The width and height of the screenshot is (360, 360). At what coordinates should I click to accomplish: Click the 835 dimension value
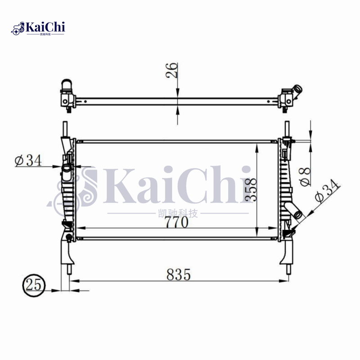point(179,274)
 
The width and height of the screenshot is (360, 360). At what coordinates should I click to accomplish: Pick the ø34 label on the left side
point(27,160)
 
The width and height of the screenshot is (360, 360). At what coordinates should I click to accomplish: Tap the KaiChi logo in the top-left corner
point(38,28)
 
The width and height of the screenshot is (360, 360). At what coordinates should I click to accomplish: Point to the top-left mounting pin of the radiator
point(66,128)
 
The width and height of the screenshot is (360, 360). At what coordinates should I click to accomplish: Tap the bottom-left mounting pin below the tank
point(69,268)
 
